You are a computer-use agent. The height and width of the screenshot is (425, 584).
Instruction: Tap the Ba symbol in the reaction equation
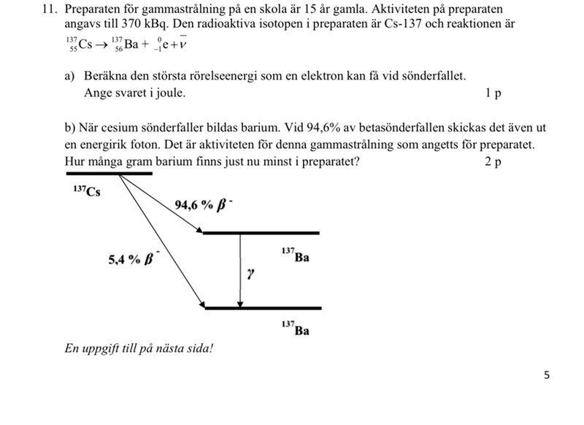coord(130,44)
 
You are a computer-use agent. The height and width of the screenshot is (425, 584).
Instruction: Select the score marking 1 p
coord(493,93)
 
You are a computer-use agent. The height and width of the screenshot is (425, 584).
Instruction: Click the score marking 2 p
coord(493,161)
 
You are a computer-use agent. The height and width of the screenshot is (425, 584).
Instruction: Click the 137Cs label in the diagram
coord(87,192)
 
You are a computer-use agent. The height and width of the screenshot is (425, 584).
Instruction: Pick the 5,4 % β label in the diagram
coord(131,260)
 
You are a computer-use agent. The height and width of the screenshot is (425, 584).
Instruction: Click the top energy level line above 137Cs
coord(109,174)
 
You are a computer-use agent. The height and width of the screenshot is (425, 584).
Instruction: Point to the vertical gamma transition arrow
coord(240,270)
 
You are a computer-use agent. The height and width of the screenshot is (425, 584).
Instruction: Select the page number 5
coord(547,375)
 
